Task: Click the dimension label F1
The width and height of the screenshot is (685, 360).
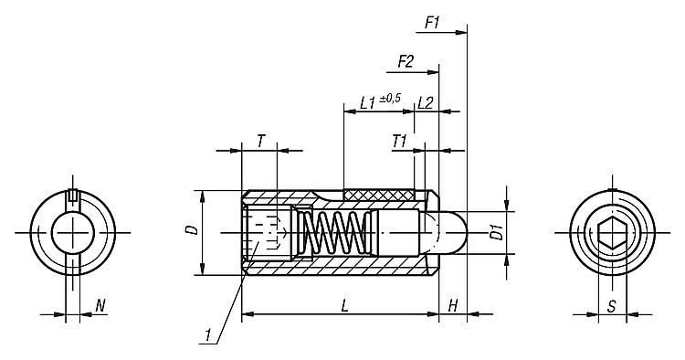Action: [x=433, y=22]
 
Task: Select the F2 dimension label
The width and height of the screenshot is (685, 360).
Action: [x=406, y=61]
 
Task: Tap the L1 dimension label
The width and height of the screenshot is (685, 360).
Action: [x=368, y=102]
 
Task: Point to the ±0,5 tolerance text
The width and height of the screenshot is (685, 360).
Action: [x=390, y=99]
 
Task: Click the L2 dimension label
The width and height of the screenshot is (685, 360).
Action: [x=425, y=102]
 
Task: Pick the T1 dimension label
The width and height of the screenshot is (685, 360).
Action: [x=399, y=141]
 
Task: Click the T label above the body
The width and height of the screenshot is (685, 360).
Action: [x=260, y=141]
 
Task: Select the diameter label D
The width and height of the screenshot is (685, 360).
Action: [x=194, y=229]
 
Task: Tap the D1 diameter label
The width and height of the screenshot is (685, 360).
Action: [x=496, y=232]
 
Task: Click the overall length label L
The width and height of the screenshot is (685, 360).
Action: [x=345, y=306]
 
